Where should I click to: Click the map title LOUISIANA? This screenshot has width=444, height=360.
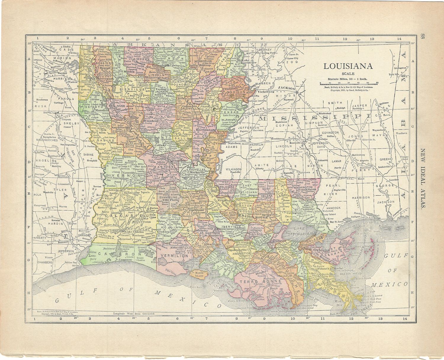click(x=348, y=66)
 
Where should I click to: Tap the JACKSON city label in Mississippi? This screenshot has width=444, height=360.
click(x=287, y=88)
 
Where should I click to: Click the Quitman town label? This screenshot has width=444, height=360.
click(x=384, y=103)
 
